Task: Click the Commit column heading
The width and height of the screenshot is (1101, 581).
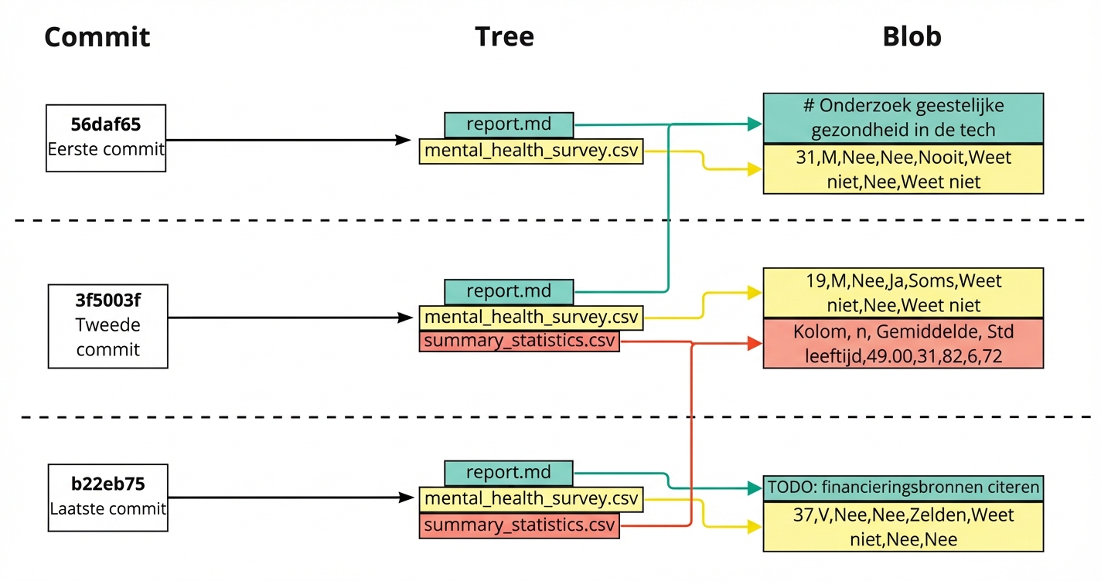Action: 97,37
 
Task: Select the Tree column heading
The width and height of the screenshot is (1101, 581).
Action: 504,37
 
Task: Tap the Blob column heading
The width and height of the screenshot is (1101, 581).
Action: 912,37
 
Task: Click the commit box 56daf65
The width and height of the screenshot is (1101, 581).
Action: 106,138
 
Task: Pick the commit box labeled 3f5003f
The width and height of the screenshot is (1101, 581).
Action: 107,325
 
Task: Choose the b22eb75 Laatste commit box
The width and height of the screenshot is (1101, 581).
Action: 107,497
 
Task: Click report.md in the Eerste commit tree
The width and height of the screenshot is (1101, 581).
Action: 509,124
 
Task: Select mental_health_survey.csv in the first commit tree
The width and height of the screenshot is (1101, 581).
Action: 531,151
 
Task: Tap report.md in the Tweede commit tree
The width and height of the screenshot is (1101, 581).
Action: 509,291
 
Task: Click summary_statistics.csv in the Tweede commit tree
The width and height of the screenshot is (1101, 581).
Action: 519,341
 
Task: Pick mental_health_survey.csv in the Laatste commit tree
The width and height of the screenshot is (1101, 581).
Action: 531,499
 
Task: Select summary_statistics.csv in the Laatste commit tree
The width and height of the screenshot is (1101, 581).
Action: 519,526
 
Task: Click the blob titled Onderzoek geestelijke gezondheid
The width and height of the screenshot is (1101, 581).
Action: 903,117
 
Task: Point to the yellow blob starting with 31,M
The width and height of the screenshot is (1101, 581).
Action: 903,169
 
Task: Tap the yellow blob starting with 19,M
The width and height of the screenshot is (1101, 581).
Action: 903,293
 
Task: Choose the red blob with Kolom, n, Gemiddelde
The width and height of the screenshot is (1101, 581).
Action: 903,343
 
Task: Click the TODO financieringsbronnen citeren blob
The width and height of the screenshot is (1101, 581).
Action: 903,488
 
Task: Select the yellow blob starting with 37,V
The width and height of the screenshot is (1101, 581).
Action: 903,526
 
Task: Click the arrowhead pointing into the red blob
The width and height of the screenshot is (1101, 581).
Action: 755,344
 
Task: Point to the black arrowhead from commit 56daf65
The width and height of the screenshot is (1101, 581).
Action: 403,140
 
